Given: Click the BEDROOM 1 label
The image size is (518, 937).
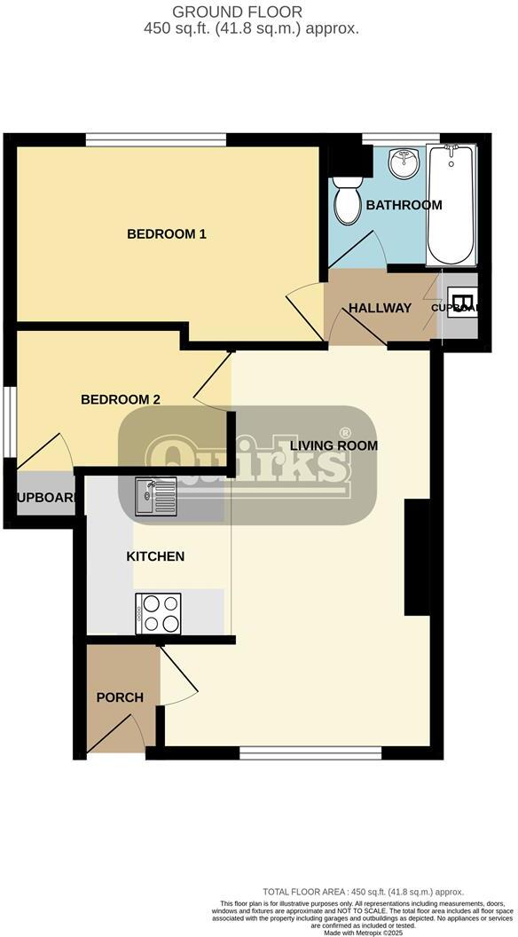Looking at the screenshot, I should pyautogui.click(x=167, y=234).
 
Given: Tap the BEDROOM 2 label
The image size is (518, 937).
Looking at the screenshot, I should pyautogui.click(x=121, y=399).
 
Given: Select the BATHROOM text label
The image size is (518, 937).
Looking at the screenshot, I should pyautogui.click(x=404, y=205).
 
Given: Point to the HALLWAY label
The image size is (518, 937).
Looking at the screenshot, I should pyautogui.click(x=380, y=308).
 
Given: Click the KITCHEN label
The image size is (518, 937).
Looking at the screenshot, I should pyautogui.click(x=155, y=556).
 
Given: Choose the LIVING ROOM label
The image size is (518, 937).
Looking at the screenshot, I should pyautogui.click(x=334, y=445).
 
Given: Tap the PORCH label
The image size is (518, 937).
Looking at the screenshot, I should pyautogui.click(x=120, y=697).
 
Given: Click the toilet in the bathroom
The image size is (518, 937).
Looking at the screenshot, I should pyautogui.click(x=344, y=201).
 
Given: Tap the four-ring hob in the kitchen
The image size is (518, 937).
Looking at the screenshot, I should pyautogui.click(x=158, y=613).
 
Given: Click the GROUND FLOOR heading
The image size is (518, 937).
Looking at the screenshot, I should pyautogui.click(x=237, y=12).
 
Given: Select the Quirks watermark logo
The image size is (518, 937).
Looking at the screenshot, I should pyautogui.click(x=248, y=463).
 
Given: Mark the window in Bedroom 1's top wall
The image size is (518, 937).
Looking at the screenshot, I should pyautogui.click(x=156, y=139).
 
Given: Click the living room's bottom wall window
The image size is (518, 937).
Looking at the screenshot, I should pyautogui.click(x=310, y=753).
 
